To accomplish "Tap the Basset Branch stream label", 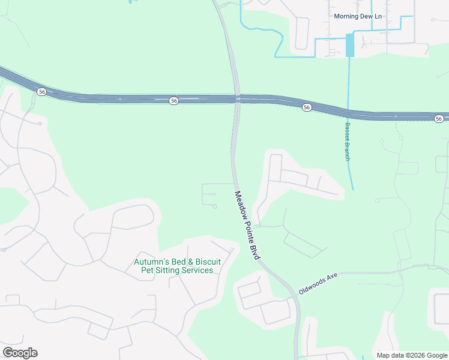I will [x=347, y=142].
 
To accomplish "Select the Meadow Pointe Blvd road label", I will [x=247, y=225].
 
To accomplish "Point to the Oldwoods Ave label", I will [x=319, y=283].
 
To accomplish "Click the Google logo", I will [x=20, y=353].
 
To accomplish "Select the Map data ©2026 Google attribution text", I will [x=412, y=355].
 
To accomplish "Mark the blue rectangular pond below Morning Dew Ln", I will [x=350, y=46].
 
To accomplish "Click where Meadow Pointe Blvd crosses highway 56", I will [x=238, y=99].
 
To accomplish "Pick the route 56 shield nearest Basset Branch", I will [x=307, y=107].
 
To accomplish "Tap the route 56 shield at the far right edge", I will [x=439, y=118].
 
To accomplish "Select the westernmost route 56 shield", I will [x=41, y=91].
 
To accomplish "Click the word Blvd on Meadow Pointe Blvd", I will [x=256, y=251].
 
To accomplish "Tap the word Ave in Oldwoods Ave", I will [x=333, y=278].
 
